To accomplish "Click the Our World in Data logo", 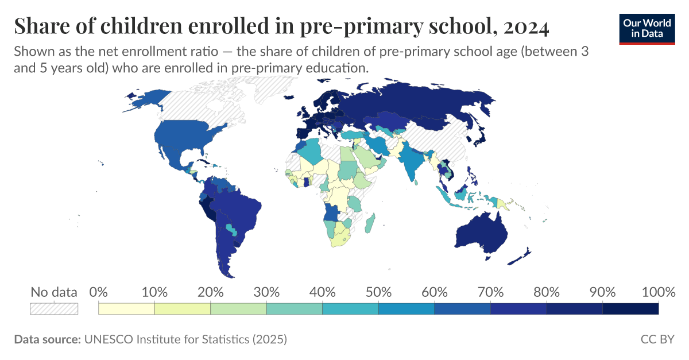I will click(647, 28).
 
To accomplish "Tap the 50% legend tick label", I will click(378, 292).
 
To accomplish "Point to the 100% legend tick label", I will click(657, 292).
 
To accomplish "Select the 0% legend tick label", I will click(99, 292).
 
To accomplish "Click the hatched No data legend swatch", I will click(53, 309).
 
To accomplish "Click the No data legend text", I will click(53, 292).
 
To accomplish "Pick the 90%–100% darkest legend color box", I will click(630, 309).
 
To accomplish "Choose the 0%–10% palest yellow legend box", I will click(126, 309).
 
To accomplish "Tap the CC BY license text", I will click(657, 339).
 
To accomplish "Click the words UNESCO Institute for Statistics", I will click(167, 339).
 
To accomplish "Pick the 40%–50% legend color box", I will click(350, 309).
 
